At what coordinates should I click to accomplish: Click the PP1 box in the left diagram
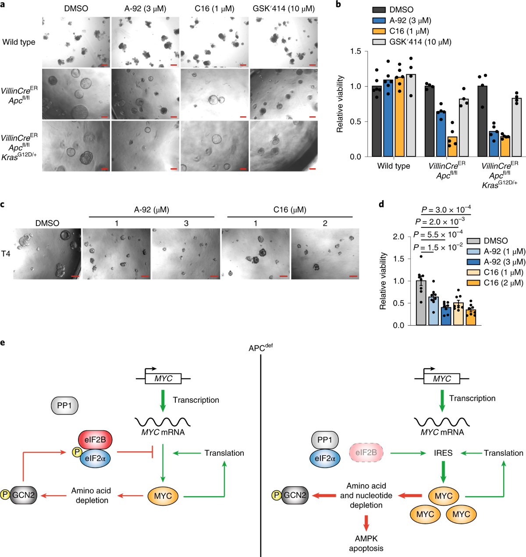pos(64,406)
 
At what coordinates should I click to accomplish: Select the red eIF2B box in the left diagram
pos(95,439)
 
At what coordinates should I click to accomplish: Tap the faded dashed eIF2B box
pos(366,453)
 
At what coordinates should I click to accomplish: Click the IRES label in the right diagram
pos(443,453)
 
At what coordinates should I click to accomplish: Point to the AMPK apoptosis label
pos(366,543)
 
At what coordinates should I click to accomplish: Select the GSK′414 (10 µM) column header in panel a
pos(284,9)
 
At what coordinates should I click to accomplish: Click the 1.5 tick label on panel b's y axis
pos(356,51)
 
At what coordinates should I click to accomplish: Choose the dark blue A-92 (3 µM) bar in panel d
pos(446,316)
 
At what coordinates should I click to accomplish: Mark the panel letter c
pos(3,204)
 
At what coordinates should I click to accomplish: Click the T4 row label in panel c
pos(6,253)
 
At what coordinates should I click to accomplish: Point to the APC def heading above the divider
pos(260,348)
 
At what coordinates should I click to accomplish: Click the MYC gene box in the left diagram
pos(163,379)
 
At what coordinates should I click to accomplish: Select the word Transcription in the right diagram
pos(472,398)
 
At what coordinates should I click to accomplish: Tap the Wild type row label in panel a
pos(19,42)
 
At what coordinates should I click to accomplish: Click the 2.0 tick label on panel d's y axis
pos(398,237)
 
